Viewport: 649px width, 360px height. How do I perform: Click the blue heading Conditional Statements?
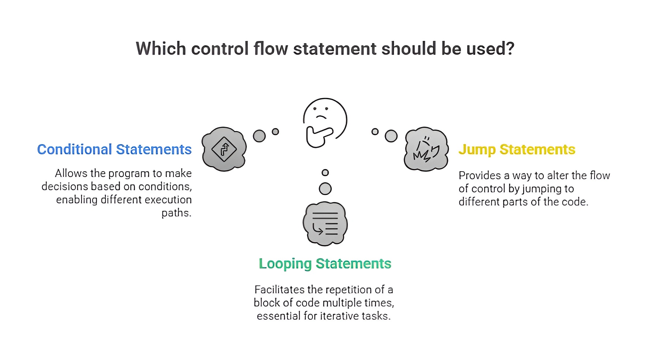[114, 150]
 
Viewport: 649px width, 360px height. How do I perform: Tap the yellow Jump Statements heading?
[517, 150]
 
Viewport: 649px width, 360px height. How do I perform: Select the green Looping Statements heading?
[325, 264]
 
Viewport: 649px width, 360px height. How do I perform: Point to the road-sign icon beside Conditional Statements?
[224, 149]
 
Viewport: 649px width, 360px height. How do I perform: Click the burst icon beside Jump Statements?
[426, 149]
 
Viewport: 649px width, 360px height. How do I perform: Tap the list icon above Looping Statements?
[325, 224]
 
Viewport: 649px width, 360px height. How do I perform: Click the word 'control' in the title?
[220, 49]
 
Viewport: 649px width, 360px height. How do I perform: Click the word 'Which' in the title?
[161, 49]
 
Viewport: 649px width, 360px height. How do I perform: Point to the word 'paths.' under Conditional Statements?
[176, 213]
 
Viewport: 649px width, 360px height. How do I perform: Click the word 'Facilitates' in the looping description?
[279, 290]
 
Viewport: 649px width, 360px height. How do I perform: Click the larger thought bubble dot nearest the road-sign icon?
[259, 136]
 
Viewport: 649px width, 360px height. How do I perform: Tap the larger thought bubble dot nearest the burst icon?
[391, 136]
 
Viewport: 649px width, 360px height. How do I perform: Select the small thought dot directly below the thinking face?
[325, 173]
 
